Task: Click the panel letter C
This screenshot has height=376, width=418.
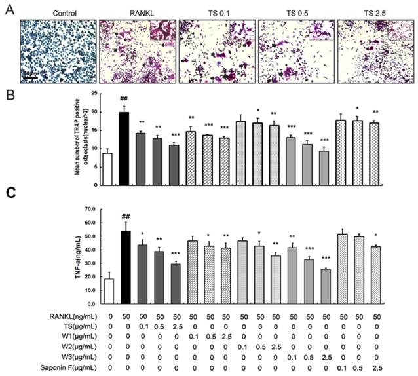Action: (8, 194)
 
